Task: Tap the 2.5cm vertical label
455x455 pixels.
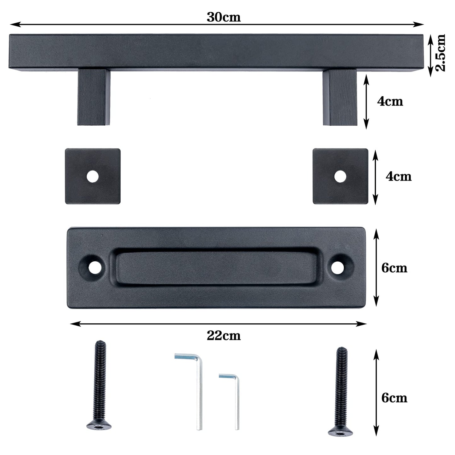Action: tap(441, 53)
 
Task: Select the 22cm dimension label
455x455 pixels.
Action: tap(224, 336)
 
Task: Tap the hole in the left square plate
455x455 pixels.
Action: tap(93, 177)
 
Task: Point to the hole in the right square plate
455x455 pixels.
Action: tap(340, 177)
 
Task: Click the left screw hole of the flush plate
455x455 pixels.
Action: tap(95, 267)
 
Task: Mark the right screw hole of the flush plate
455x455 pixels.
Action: tap(338, 267)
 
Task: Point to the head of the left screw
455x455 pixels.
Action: tap(99, 425)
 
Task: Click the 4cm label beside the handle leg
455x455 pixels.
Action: tap(390, 101)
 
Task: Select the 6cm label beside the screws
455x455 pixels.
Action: tap(394, 398)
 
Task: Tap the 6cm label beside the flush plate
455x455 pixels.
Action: tap(394, 268)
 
